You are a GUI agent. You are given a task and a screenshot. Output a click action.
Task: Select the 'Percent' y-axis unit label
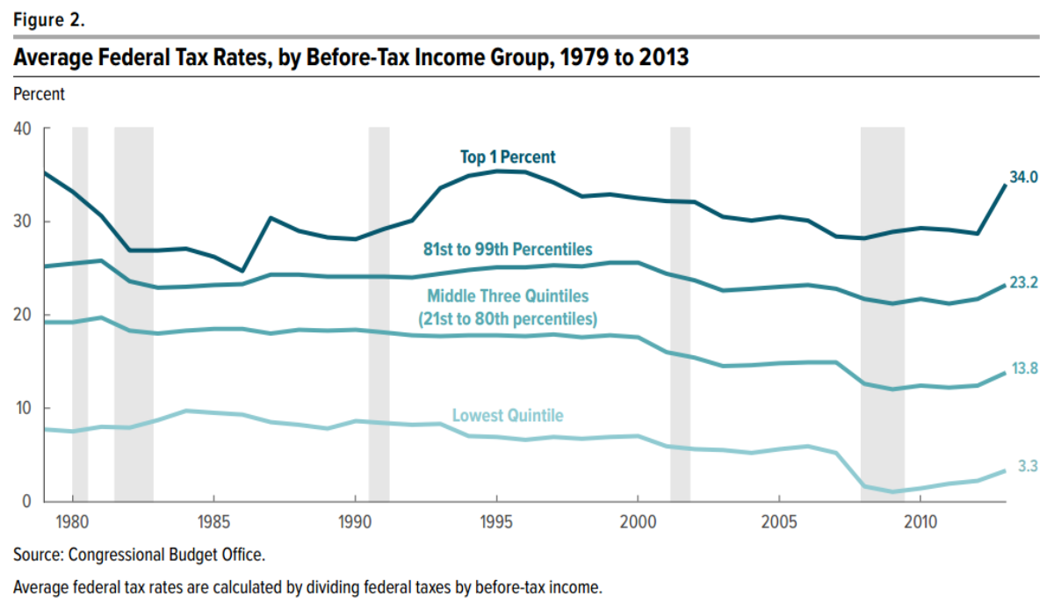tap(39, 91)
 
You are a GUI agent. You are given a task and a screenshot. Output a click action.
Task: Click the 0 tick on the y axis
tap(26, 501)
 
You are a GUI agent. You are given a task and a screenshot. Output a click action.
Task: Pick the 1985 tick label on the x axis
tap(213, 520)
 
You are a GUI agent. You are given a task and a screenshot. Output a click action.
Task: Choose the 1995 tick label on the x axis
tap(496, 520)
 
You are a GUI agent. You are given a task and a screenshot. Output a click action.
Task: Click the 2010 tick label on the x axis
tap(920, 520)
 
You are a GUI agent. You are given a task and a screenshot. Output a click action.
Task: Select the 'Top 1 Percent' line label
tap(508, 157)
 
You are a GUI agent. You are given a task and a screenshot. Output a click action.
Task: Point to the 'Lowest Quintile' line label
tap(508, 416)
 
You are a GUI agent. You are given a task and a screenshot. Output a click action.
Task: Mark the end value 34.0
tap(1023, 178)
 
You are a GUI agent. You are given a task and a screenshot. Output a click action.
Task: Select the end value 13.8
tap(1023, 369)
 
